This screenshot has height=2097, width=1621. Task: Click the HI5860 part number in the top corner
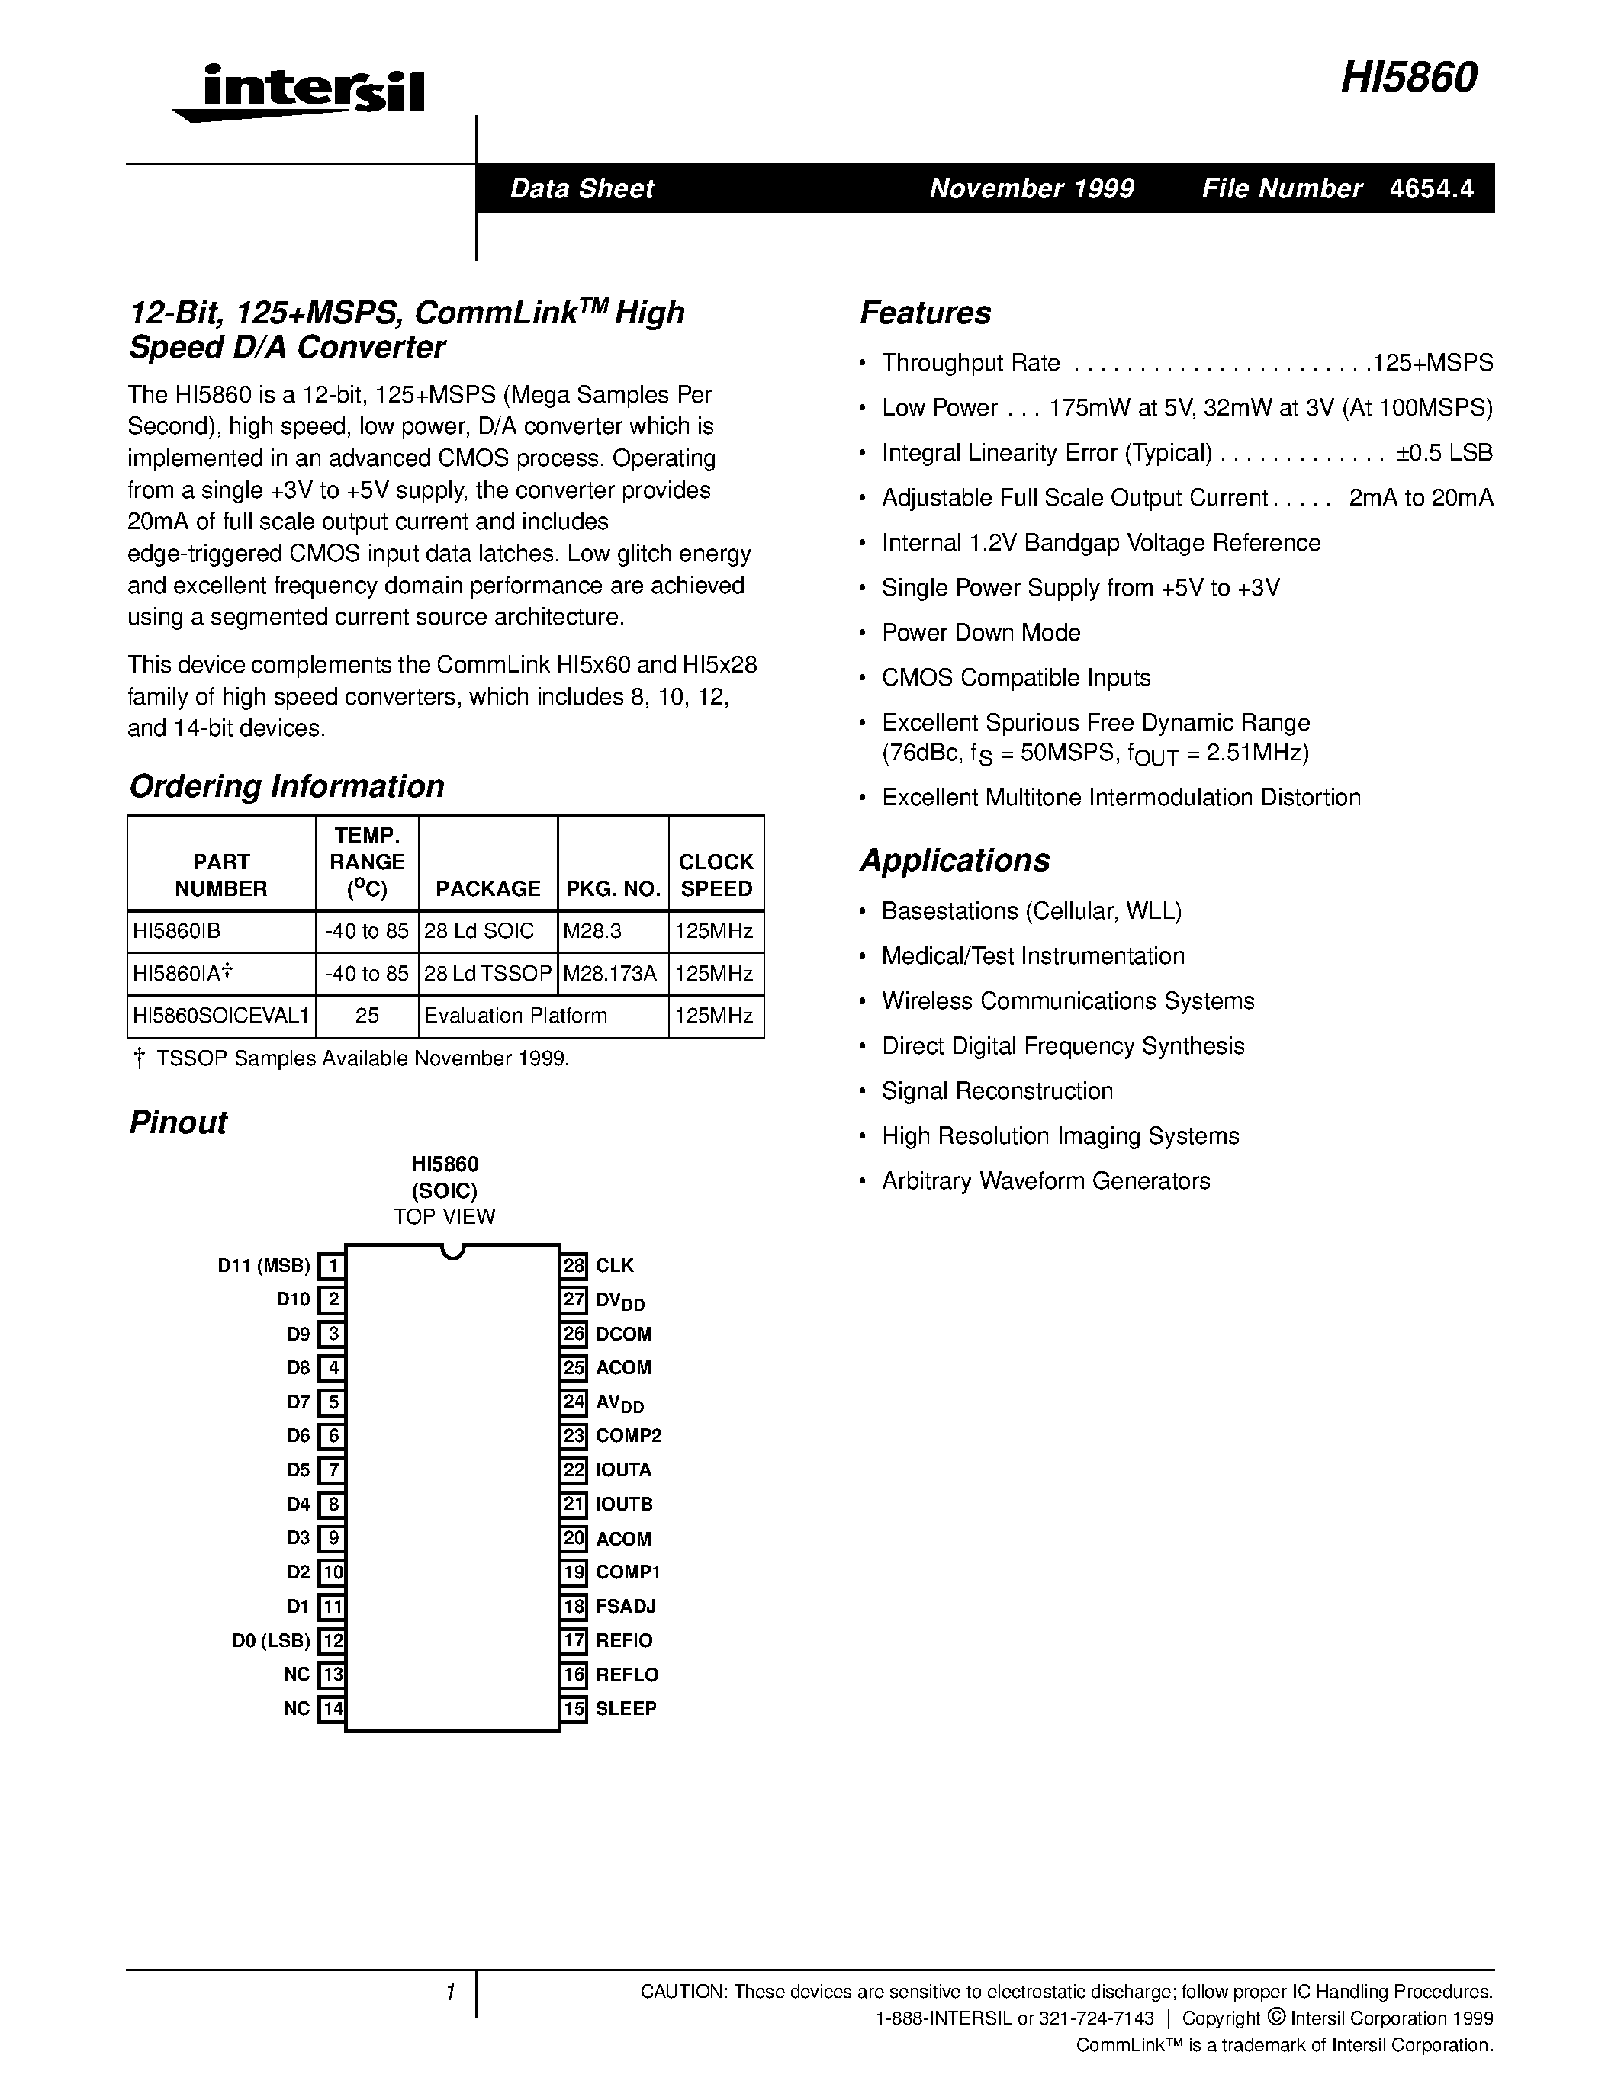click(1408, 79)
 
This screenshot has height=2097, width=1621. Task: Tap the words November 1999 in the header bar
click(1031, 189)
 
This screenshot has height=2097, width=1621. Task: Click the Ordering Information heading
click(286, 786)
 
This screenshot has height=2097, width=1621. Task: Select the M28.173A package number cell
click(611, 974)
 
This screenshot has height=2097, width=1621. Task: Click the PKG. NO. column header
click(613, 888)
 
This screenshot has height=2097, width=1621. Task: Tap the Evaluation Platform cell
click(516, 1016)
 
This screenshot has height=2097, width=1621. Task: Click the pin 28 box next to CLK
click(574, 1266)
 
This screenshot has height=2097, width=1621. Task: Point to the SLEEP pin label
click(626, 1709)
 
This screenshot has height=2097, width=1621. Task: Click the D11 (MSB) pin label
click(264, 1266)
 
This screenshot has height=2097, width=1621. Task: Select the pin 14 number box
click(331, 1709)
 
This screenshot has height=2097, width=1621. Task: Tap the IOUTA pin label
click(623, 1470)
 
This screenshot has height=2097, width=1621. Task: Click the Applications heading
click(954, 860)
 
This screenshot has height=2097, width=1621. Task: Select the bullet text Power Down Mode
click(980, 633)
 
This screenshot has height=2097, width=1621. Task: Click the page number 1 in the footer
click(449, 1993)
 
